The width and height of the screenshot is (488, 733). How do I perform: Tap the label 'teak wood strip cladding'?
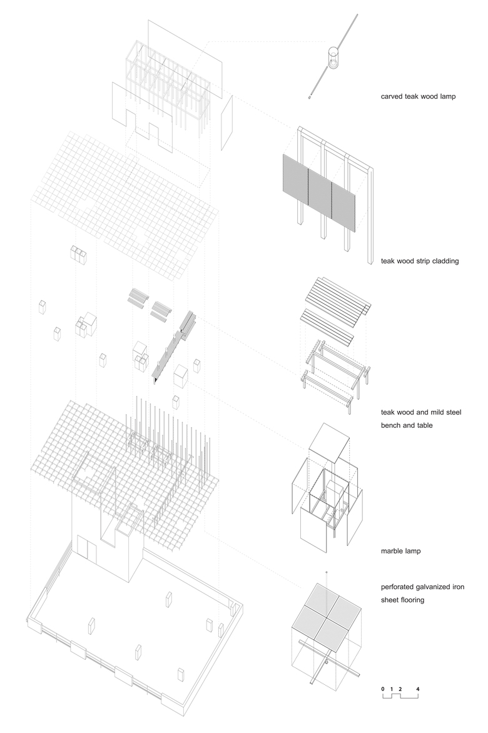tap(420, 261)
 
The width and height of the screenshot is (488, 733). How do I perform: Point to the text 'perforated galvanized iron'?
tap(422, 587)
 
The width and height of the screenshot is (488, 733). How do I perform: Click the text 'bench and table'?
tap(407, 425)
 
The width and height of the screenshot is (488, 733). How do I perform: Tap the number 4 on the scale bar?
tap(417, 689)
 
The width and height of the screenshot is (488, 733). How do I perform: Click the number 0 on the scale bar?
tap(383, 689)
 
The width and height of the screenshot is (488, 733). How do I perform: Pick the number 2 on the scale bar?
tap(400, 689)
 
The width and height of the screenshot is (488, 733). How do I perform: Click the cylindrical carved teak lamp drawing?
tap(333, 58)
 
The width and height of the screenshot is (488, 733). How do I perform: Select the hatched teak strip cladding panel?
tap(319, 188)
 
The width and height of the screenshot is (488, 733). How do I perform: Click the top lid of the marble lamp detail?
tap(332, 441)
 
